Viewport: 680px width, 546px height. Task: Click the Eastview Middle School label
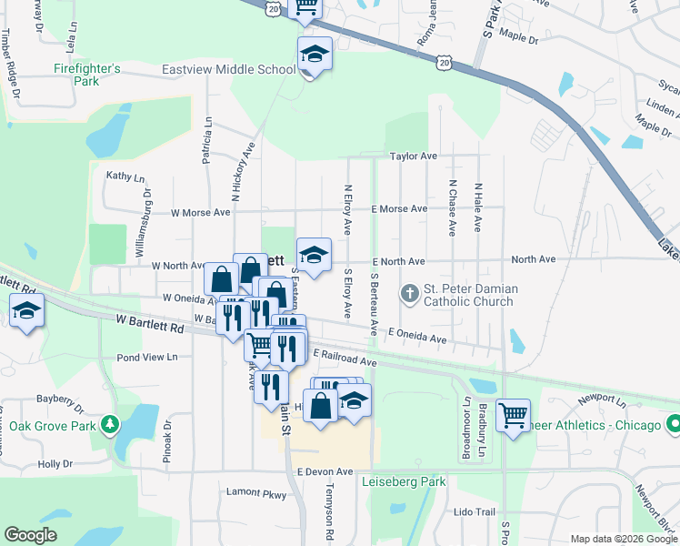pyautogui.click(x=228, y=69)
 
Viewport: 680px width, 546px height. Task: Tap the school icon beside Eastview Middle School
pyautogui.click(x=315, y=56)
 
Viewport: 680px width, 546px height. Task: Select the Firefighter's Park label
pyautogui.click(x=87, y=75)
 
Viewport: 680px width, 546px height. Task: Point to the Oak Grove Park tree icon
pyautogui.click(x=110, y=425)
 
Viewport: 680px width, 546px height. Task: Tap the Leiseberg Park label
pyautogui.click(x=403, y=481)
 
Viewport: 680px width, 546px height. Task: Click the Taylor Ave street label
pyautogui.click(x=414, y=157)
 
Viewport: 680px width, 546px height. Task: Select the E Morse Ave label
pyautogui.click(x=399, y=209)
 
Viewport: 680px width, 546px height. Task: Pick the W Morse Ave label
pyautogui.click(x=201, y=213)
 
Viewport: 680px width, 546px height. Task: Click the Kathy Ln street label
pyautogui.click(x=125, y=176)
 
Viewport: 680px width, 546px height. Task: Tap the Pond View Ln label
pyautogui.click(x=146, y=358)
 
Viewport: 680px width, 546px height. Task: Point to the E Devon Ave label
pyautogui.click(x=324, y=472)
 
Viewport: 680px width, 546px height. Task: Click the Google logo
pyautogui.click(x=32, y=535)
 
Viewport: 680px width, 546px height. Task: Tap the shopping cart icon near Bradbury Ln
pyautogui.click(x=514, y=416)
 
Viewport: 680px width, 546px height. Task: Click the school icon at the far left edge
pyautogui.click(x=27, y=311)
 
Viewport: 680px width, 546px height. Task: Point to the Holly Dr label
pyautogui.click(x=55, y=464)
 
